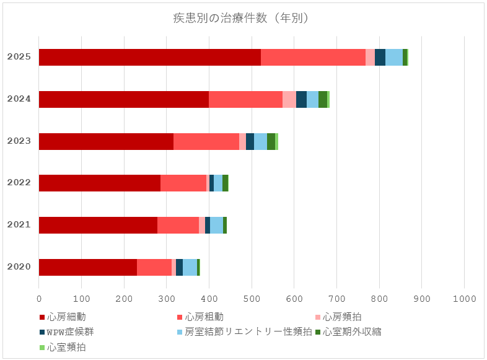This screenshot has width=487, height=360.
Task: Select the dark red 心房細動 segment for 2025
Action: coord(149,57)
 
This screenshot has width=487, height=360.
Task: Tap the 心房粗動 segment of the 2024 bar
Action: coord(245,99)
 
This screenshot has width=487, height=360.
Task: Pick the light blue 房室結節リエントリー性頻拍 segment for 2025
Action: coord(393,57)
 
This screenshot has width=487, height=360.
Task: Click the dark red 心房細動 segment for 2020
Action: coord(87,267)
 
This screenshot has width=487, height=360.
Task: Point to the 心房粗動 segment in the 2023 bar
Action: coord(206,141)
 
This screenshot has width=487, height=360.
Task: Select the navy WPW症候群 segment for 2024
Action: coord(301,99)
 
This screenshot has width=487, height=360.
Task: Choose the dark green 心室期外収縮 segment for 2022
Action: coord(225,183)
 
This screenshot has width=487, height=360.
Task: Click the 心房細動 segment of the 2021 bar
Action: coord(98,225)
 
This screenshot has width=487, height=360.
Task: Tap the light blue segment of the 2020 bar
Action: coord(190,267)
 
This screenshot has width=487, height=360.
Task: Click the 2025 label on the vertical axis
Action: coord(19,57)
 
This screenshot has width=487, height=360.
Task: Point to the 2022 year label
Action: coord(19,183)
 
